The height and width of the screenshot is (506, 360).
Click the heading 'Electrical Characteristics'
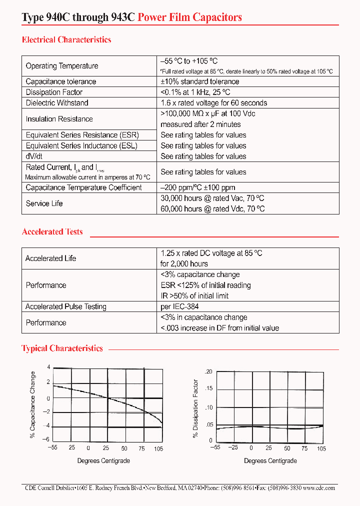pyautogui.click(x=66, y=39)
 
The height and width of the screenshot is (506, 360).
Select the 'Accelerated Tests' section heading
pyautogui.click(x=52, y=231)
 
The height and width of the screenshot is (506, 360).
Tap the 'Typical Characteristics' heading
pyautogui.click(x=62, y=348)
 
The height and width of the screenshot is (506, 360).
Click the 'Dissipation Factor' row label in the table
pyautogui.click(x=54, y=92)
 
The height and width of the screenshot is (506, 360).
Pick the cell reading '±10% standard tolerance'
pyautogui.click(x=200, y=81)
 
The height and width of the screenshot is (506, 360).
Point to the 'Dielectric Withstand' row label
pyautogui.click(x=57, y=103)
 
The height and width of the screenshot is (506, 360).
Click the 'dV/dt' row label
pyautogui.click(x=34, y=156)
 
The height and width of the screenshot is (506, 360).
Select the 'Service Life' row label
pyautogui.click(x=44, y=203)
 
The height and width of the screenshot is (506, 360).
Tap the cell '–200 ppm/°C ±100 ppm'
pyautogui.click(x=198, y=187)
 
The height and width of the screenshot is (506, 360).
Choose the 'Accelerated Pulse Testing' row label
pyautogui.click(x=66, y=306)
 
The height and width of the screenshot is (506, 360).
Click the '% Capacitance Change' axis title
pyautogui.click(x=33, y=404)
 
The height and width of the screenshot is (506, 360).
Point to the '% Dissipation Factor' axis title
pyautogui.click(x=195, y=408)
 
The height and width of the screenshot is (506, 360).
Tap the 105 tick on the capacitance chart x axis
pyautogui.click(x=158, y=448)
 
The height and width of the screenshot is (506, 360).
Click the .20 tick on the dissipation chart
pyautogui.click(x=209, y=372)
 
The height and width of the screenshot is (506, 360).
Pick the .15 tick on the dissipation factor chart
pyautogui.click(x=209, y=388)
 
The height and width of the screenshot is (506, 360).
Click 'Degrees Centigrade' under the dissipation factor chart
pyautogui.click(x=270, y=460)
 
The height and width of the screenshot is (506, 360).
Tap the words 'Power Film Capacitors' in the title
pyautogui.click(x=189, y=17)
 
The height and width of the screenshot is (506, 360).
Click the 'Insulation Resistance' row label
pyautogui.click(x=59, y=119)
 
